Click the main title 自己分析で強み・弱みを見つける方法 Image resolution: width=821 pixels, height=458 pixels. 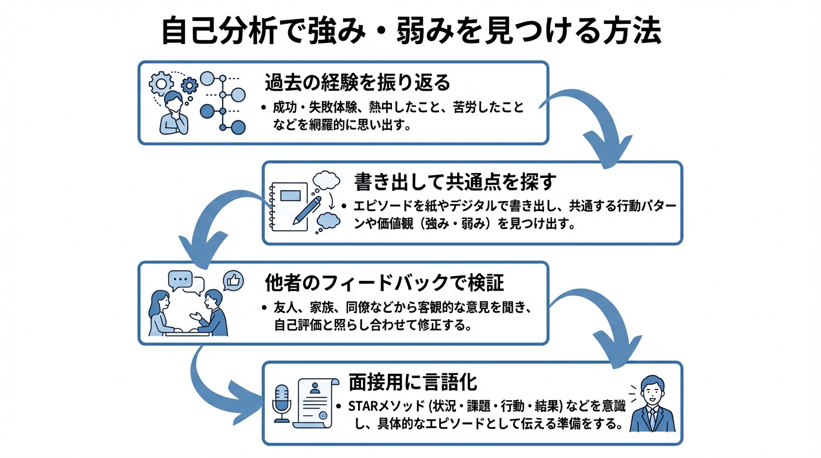pyautogui.click(x=410, y=31)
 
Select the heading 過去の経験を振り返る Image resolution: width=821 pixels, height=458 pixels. pyautogui.click(x=357, y=82)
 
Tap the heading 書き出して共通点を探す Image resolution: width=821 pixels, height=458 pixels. pyautogui.click(x=455, y=181)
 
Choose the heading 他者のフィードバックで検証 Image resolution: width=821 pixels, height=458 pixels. pyautogui.click(x=385, y=281)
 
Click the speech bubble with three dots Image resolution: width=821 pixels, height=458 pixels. pyautogui.click(x=180, y=278)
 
